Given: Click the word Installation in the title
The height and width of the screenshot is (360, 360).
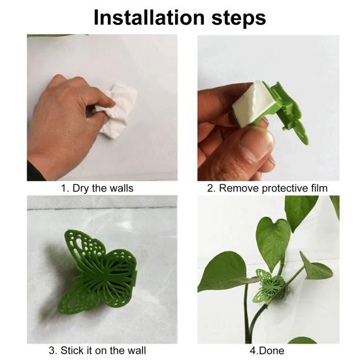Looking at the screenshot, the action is pyautogui.click(x=149, y=18).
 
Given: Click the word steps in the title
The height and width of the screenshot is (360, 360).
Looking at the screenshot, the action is pyautogui.click(x=238, y=19).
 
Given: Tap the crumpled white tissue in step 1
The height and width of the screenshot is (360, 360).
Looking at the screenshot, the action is pyautogui.click(x=117, y=110).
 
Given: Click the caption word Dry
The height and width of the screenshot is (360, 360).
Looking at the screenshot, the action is pyautogui.click(x=81, y=189).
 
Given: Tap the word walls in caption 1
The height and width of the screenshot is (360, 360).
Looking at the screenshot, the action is pyautogui.click(x=122, y=188).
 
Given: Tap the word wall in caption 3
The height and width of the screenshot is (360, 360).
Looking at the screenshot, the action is pyautogui.click(x=137, y=351).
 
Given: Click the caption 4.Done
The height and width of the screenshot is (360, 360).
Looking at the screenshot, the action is pyautogui.click(x=267, y=351).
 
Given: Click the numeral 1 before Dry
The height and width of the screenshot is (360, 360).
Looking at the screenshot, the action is pyautogui.click(x=63, y=189).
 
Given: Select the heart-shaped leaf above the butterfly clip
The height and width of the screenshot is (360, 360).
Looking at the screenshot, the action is pyautogui.click(x=273, y=242).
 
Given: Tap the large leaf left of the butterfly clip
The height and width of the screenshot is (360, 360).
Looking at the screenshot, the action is pyautogui.click(x=224, y=272).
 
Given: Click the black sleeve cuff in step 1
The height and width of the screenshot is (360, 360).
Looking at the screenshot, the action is pyautogui.click(x=35, y=172).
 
